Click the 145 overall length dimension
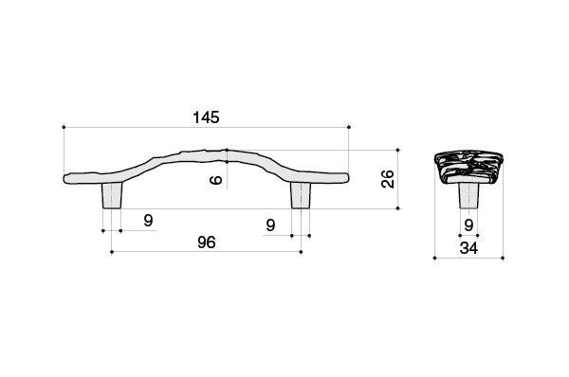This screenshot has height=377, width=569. click(x=206, y=117)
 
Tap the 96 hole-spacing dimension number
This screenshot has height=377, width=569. click(x=207, y=242)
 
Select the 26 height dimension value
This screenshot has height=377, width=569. click(x=388, y=179)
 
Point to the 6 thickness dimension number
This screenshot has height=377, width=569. click(x=216, y=179)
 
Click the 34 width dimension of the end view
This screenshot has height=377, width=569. click(x=468, y=248)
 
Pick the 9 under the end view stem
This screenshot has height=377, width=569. click(x=468, y=225)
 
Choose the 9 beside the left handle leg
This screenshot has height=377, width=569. click(x=148, y=221)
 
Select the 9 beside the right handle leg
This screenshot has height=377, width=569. click(x=270, y=225)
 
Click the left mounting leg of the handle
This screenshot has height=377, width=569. click(x=112, y=195)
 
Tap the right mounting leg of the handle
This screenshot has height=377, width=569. click(x=301, y=195)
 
